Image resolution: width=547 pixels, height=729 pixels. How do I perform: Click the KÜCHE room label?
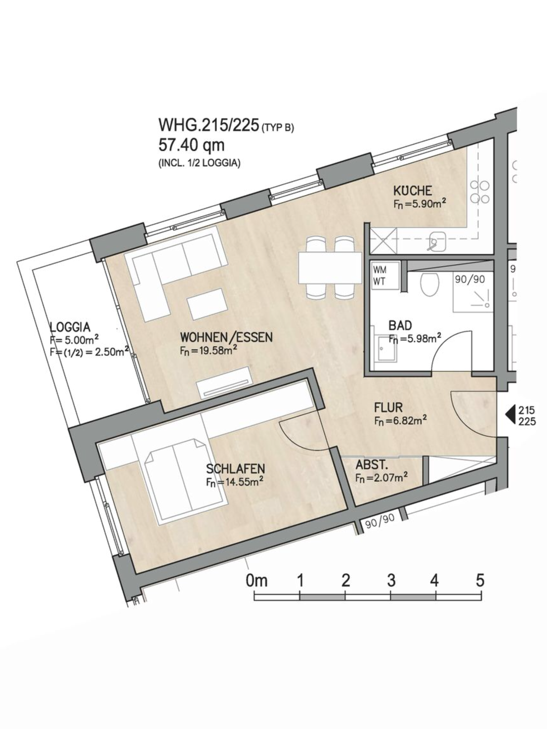click(x=412, y=191)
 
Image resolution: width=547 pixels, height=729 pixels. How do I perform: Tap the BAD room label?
click(x=400, y=325)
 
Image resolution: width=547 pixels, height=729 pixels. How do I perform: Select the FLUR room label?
click(x=388, y=407)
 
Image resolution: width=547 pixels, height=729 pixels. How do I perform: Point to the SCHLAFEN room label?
click(x=235, y=468)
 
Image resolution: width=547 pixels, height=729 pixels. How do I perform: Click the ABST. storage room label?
click(x=371, y=465)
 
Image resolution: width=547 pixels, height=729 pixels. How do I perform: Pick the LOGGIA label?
click(x=70, y=327)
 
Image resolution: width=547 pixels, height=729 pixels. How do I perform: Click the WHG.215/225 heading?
click(x=208, y=125)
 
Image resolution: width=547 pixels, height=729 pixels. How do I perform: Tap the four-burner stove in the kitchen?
click(x=479, y=192)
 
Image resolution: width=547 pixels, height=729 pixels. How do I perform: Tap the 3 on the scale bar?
click(x=391, y=581)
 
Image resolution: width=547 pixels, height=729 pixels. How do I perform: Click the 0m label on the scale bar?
click(x=256, y=581)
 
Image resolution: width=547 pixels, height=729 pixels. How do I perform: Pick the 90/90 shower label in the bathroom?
click(x=470, y=279)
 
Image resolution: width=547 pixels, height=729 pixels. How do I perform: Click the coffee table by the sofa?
click(x=208, y=304)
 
